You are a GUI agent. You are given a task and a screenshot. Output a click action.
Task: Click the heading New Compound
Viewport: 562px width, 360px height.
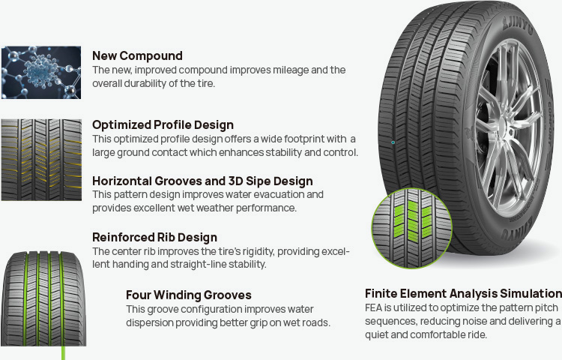tap(137, 56)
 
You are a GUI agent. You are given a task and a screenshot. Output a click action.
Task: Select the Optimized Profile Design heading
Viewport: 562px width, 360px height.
tap(163, 124)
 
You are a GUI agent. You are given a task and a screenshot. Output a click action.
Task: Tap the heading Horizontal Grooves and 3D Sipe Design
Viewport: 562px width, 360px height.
tap(202, 181)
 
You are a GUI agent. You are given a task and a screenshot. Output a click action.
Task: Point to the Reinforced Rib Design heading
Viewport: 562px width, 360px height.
tap(154, 237)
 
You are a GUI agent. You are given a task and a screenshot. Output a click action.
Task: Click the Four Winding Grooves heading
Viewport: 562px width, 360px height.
tap(189, 295)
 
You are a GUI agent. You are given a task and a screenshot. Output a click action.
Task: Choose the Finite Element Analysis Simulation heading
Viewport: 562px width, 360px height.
tap(463, 293)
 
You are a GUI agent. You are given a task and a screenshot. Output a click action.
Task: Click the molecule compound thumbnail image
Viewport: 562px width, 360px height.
tap(41, 73)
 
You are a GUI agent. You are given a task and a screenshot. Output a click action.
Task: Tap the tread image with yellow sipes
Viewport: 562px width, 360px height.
tap(41, 160)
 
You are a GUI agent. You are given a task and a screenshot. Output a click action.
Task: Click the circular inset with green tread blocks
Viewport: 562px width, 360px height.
tap(412, 228)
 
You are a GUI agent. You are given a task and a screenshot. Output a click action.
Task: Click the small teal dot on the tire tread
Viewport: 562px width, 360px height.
tap(393, 142)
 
